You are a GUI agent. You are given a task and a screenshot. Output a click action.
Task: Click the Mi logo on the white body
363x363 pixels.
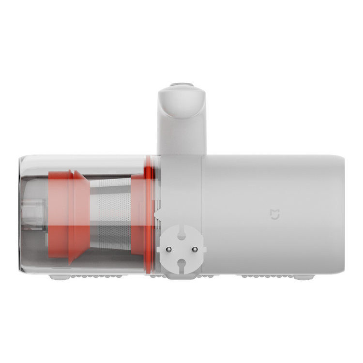(275, 214)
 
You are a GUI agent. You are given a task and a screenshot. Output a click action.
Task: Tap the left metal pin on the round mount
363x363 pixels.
(169, 249)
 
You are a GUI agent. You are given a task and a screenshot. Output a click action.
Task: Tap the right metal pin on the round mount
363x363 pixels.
(194, 249)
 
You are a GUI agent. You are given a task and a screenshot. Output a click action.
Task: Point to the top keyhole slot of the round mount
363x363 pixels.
(181, 235)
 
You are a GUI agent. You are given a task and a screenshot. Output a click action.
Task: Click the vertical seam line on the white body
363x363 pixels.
(202, 213)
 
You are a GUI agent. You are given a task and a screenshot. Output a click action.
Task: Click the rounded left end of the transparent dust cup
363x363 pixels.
(21, 213)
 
